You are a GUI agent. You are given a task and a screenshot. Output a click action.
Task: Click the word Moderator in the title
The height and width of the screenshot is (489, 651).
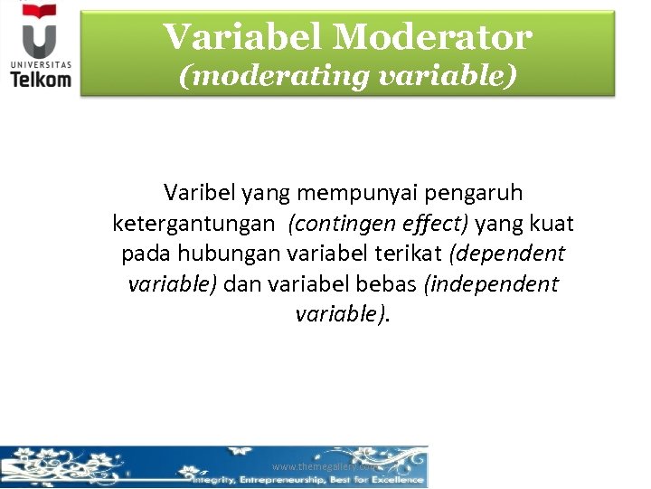(432, 37)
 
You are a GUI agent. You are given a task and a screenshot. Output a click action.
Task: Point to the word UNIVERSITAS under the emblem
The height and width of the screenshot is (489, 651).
(41, 63)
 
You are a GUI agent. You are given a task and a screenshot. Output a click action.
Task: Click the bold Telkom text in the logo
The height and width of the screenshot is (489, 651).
(41, 80)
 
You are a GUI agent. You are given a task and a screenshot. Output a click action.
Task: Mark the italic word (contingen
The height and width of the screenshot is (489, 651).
(337, 224)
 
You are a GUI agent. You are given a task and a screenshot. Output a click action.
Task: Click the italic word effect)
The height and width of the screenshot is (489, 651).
(431, 224)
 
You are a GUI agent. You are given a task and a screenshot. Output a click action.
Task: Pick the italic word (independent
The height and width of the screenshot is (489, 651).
(491, 284)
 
